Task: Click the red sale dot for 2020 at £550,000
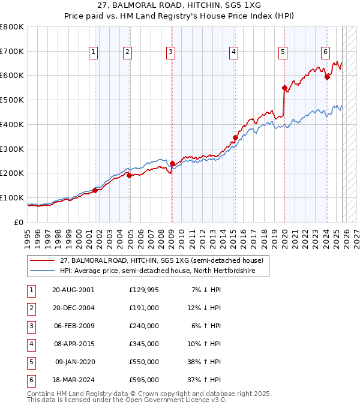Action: [x=284, y=88]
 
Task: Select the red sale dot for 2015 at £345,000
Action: [x=235, y=138]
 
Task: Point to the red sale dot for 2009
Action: [x=172, y=163]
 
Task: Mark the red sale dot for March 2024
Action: [x=327, y=77]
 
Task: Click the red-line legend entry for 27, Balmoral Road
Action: [x=161, y=261]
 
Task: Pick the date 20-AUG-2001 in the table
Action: [x=73, y=290]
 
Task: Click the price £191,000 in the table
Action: [x=144, y=308]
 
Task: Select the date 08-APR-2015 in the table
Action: [x=73, y=344]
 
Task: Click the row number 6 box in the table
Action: [x=30, y=380]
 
